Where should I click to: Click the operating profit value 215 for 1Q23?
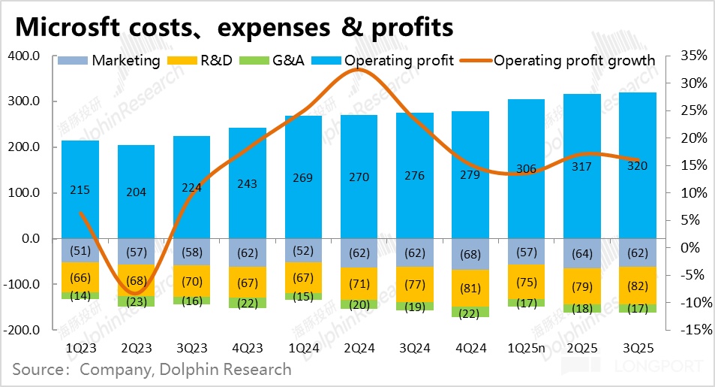click(x=80, y=189)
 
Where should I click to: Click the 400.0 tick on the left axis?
click(x=24, y=56)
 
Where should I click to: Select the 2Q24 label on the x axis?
click(x=359, y=348)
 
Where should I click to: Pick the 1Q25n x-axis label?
click(x=526, y=348)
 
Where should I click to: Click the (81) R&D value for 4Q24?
click(x=470, y=287)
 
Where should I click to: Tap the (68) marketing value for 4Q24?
click(x=470, y=255)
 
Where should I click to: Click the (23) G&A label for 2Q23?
click(x=136, y=302)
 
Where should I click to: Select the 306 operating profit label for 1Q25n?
click(x=526, y=169)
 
